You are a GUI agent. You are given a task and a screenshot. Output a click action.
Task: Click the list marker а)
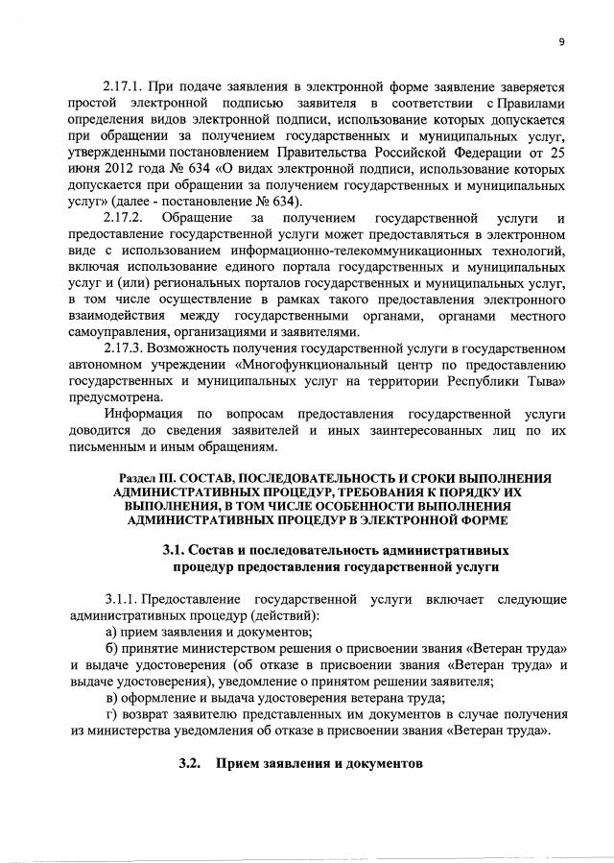pyautogui.click(x=112, y=632)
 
